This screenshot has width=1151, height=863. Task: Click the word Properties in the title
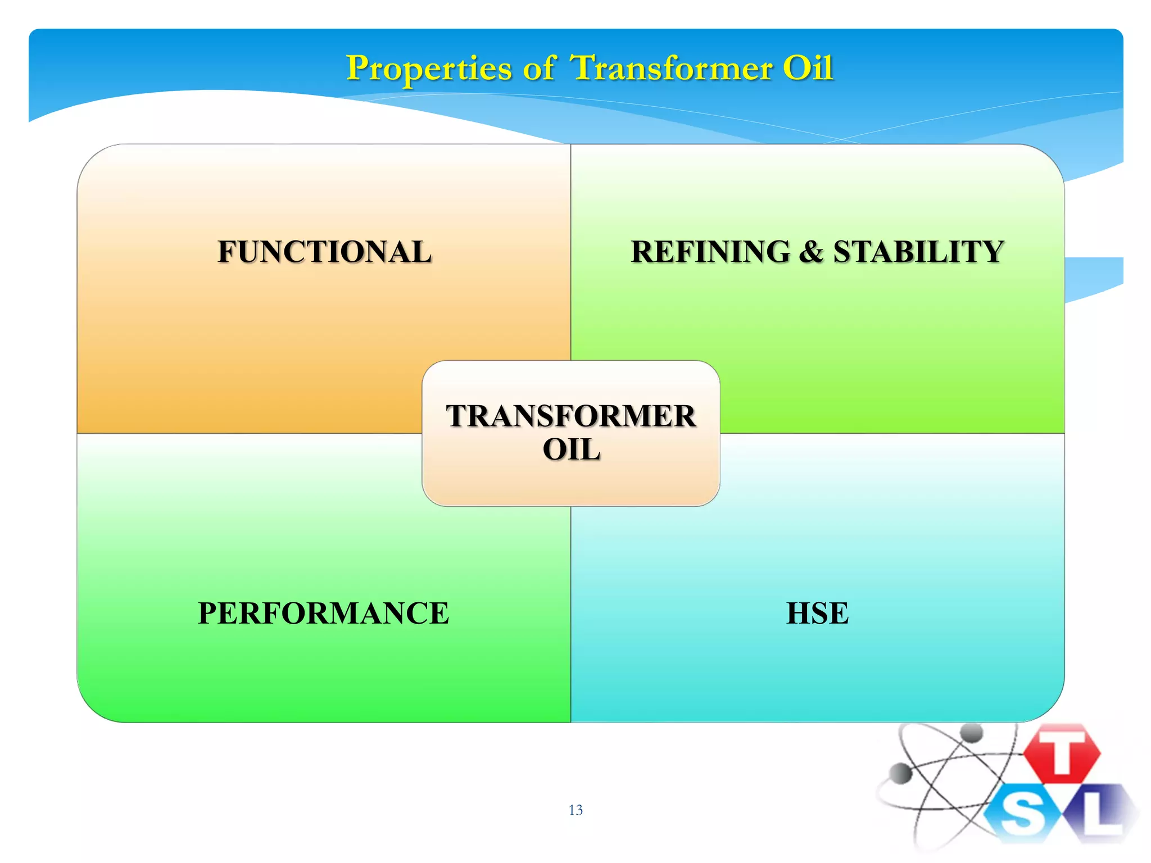tap(428, 69)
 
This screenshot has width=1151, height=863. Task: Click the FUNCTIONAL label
tap(324, 252)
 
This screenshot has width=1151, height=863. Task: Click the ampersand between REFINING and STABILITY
tap(811, 252)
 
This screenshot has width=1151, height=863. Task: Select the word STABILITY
tap(918, 252)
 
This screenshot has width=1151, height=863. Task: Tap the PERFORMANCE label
tap(323, 613)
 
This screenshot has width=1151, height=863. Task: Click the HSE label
tap(817, 613)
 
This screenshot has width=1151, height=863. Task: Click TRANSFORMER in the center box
tap(571, 416)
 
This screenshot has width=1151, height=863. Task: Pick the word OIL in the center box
tap(571, 449)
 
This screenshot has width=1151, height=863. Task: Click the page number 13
tap(575, 810)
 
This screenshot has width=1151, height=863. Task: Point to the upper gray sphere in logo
tap(971, 733)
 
